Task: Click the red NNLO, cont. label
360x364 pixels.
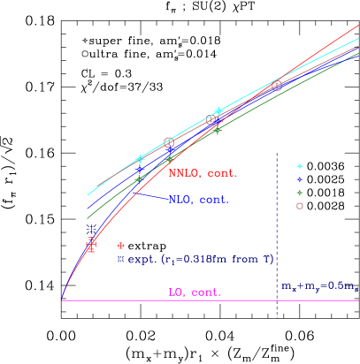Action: (x=203, y=173)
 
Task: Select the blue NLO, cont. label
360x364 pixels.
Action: (x=198, y=200)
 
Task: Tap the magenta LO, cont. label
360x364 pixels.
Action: (x=195, y=292)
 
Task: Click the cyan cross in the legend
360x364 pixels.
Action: (x=300, y=166)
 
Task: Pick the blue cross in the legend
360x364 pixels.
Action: (x=300, y=179)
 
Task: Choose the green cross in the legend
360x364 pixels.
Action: (x=300, y=193)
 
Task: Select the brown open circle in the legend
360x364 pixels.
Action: (x=300, y=206)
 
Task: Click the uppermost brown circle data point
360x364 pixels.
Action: (x=277, y=85)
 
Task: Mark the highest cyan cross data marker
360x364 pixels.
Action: (x=219, y=111)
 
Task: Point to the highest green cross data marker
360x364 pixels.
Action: (x=217, y=130)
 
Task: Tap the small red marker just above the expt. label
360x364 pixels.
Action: (x=121, y=245)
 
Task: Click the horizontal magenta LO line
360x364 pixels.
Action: (x=133, y=300)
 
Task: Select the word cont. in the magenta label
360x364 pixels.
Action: (x=206, y=292)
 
